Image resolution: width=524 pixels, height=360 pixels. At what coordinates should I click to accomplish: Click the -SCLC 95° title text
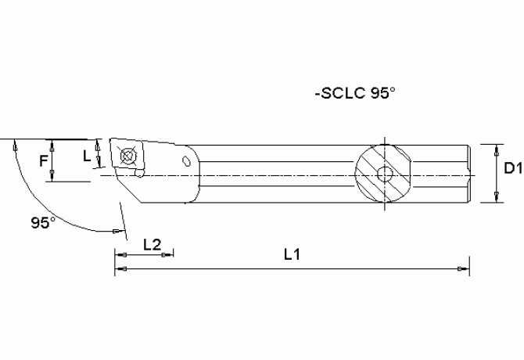[x=354, y=93]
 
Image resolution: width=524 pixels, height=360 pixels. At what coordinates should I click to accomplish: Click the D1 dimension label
[x=512, y=167]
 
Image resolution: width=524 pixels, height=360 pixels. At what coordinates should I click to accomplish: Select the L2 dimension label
[x=152, y=244]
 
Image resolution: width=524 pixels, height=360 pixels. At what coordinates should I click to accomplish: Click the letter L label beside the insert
[x=87, y=155]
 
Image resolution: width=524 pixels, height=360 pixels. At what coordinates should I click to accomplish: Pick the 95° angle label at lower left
[x=44, y=222]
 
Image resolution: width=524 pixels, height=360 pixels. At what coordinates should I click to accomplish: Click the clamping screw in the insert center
[x=127, y=154]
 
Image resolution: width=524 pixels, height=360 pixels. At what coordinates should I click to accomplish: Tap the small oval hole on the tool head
[x=186, y=161]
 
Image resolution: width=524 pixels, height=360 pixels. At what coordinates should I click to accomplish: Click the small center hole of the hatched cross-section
[x=384, y=173]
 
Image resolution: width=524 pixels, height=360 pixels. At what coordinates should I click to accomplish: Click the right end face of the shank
[x=469, y=173]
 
